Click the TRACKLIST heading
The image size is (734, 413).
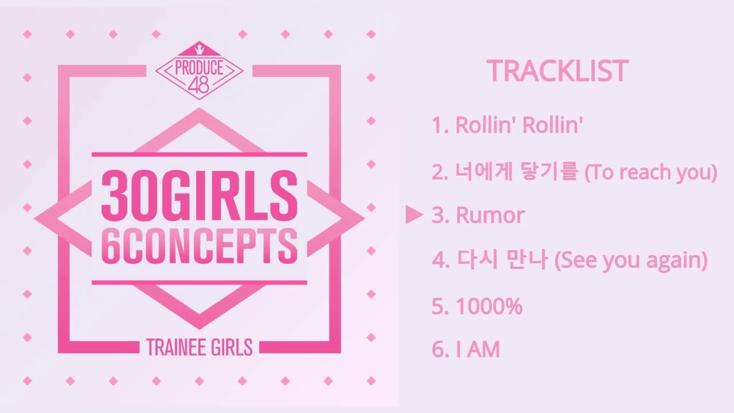point(557,71)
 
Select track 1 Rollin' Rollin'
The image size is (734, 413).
point(507,125)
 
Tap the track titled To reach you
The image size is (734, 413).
point(575,173)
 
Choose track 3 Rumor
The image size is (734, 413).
point(478,215)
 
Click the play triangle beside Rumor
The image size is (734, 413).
point(413,215)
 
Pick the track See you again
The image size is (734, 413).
point(569,260)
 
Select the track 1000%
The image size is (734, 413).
point(477,306)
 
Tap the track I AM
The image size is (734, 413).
point(466,349)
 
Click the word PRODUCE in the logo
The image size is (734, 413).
point(199,68)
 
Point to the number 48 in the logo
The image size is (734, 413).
point(199,86)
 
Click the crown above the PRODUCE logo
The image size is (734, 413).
point(199,50)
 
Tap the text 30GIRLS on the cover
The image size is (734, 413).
point(199,196)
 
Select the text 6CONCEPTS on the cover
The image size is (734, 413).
point(199,247)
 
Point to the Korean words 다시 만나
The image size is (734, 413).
point(502,259)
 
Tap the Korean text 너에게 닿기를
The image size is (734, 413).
point(516,172)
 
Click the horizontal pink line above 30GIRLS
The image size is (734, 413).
point(199,154)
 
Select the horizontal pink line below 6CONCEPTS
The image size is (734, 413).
point(199,282)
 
